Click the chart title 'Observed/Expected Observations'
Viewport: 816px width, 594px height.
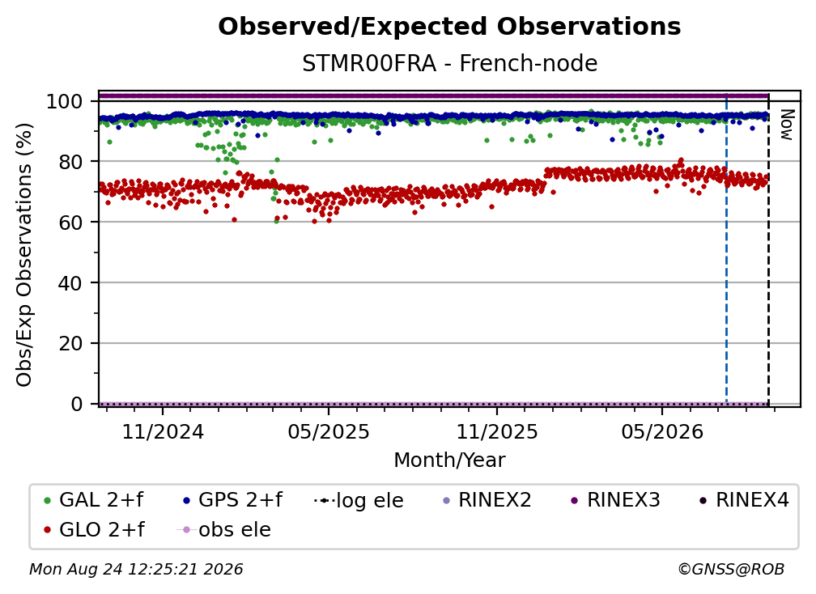(x=449, y=27)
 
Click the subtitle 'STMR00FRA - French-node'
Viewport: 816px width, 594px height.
(x=449, y=63)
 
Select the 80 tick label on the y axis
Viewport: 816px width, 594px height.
(x=70, y=162)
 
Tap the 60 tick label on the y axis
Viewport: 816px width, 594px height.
(x=70, y=222)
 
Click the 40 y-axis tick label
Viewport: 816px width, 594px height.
(x=70, y=283)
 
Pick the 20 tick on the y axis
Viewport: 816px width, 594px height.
(x=70, y=343)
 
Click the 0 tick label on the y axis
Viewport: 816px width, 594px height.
(x=76, y=404)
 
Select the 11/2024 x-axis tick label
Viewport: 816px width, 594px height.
(x=163, y=431)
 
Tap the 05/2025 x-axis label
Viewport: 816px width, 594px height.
(x=329, y=431)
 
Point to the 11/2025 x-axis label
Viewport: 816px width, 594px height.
(x=497, y=431)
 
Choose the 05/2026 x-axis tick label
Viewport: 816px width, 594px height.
(x=662, y=431)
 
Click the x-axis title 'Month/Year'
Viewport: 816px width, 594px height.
(x=449, y=460)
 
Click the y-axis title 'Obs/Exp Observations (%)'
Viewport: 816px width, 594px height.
(x=24, y=255)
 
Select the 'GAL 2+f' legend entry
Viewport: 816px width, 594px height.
(x=94, y=500)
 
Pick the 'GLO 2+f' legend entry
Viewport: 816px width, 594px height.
(x=94, y=530)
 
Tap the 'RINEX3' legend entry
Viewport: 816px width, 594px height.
(x=615, y=500)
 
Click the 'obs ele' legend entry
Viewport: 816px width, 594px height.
(x=223, y=530)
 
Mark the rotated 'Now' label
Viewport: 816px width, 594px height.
(x=786, y=125)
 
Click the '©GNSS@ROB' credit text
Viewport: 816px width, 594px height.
(x=731, y=570)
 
